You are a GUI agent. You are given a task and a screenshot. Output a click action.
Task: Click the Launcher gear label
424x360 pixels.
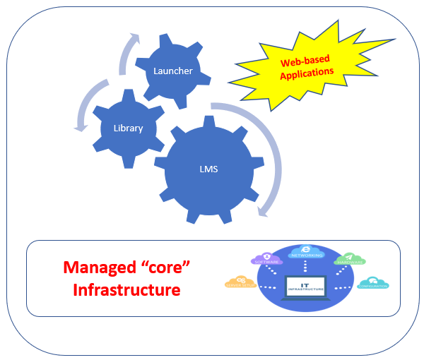pos(173,71)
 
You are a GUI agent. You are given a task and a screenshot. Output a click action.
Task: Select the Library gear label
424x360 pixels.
pos(128,128)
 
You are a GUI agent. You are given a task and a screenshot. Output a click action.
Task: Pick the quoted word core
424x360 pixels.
pos(165,268)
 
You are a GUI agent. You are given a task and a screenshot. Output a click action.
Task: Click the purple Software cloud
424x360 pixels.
pos(267,259)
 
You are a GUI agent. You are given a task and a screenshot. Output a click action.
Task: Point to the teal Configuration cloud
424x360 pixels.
pos(373,284)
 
